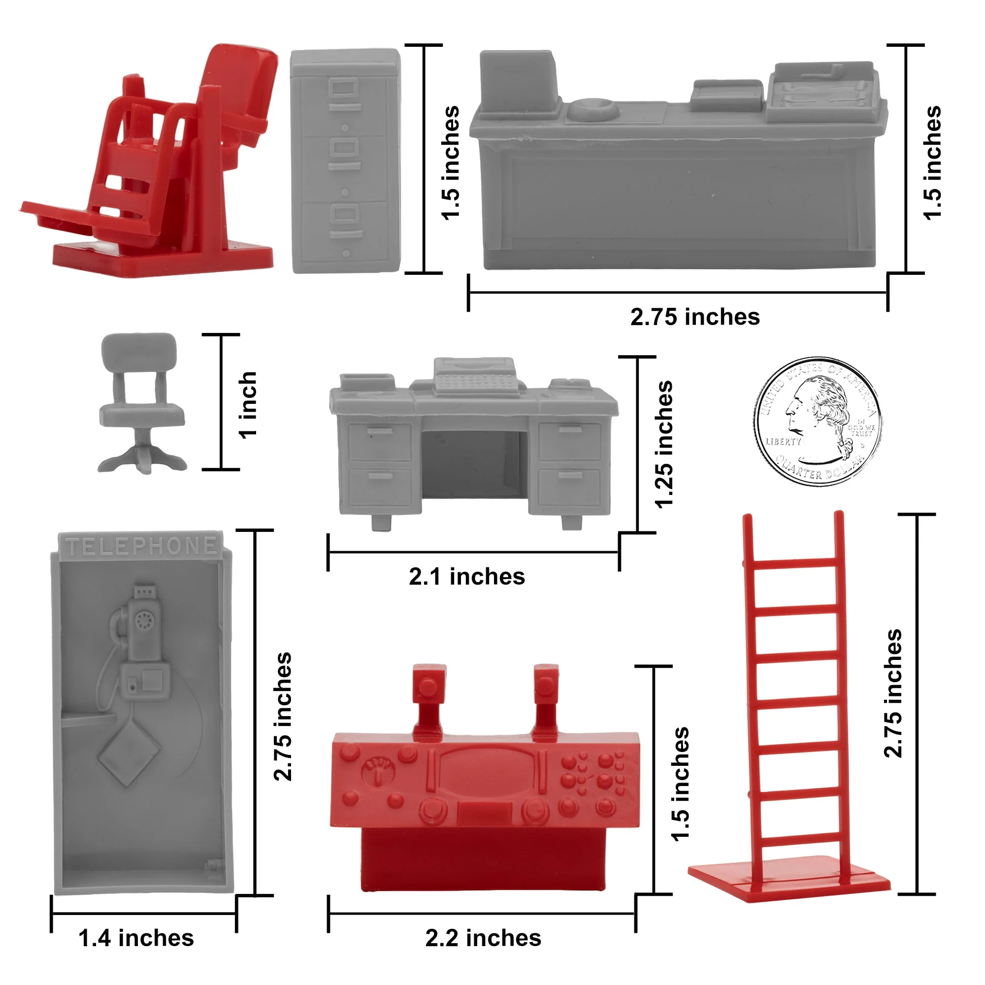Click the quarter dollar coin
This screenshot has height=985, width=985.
[x=818, y=421]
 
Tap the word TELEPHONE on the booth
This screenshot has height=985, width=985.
[x=141, y=546]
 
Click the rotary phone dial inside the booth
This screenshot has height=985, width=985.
[x=143, y=622]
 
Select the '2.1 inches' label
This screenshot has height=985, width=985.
[x=466, y=577]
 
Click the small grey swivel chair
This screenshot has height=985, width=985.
[x=142, y=403]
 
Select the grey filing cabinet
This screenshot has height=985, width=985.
[x=346, y=161]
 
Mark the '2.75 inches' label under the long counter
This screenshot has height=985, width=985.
[x=695, y=317]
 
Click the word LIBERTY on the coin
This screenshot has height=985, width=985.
[x=784, y=441]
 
